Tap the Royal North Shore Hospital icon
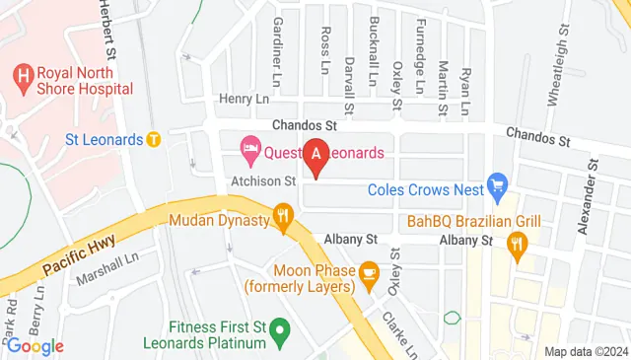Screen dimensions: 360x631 [x=22, y=75]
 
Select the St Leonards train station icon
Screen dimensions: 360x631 [x=154, y=139]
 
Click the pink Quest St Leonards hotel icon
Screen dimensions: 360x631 [x=250, y=153]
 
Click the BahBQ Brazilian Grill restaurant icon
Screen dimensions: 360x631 [x=516, y=245]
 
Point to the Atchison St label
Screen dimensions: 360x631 [x=263, y=181]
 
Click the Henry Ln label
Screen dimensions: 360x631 [x=243, y=100]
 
